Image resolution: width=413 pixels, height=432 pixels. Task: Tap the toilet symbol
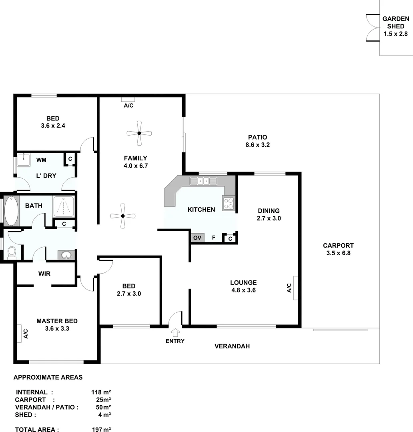click(x=12, y=253)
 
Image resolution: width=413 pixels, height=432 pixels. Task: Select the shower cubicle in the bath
click(x=64, y=206)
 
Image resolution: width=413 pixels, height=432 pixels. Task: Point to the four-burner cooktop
click(x=229, y=204)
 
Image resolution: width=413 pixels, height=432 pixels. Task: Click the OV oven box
click(x=197, y=238)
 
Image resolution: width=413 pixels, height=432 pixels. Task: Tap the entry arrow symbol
click(x=175, y=332)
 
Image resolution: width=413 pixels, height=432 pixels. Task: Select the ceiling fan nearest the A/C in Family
click(x=139, y=133)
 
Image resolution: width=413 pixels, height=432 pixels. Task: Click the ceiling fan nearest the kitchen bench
click(x=123, y=216)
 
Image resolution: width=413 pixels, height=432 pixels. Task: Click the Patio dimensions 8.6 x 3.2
click(x=257, y=145)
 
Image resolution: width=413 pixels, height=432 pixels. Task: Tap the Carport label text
click(x=338, y=246)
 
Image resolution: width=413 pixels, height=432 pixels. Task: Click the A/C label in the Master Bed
click(x=25, y=334)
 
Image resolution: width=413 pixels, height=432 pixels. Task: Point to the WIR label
click(x=44, y=274)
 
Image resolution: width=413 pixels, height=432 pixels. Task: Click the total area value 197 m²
click(x=101, y=430)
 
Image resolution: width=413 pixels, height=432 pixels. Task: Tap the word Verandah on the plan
click(x=232, y=346)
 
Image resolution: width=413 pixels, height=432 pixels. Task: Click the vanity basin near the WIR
click(x=66, y=255)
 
